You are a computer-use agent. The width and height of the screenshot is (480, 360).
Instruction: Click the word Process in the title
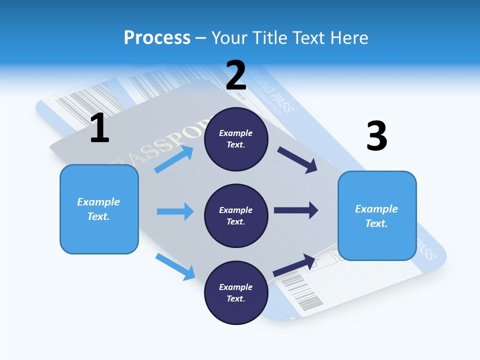pyautogui.click(x=157, y=37)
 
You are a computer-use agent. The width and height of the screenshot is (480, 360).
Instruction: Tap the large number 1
pyautogui.click(x=99, y=128)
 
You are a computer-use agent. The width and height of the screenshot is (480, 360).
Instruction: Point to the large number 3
pyautogui.click(x=376, y=136)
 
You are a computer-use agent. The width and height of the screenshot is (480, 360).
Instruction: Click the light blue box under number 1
pyautogui.click(x=99, y=209)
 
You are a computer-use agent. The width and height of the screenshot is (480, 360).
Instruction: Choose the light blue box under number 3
pyautogui.click(x=377, y=215)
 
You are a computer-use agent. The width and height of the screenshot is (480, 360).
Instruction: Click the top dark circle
pyautogui.click(x=236, y=139)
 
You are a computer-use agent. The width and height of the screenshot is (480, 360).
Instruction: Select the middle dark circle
pyautogui.click(x=236, y=215)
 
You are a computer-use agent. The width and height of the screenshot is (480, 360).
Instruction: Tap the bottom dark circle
pyautogui.click(x=236, y=292)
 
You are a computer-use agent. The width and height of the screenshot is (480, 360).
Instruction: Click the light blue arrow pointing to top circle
pyautogui.click(x=174, y=159)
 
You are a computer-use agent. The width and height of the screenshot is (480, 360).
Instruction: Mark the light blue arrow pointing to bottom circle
pyautogui.click(x=175, y=266)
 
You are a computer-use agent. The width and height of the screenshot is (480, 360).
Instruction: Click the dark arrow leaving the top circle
pyautogui.click(x=297, y=160)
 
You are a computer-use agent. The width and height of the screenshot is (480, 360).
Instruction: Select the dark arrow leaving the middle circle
pyautogui.click(x=296, y=210)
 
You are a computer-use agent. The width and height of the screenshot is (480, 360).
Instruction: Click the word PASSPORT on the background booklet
pyautogui.click(x=165, y=142)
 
